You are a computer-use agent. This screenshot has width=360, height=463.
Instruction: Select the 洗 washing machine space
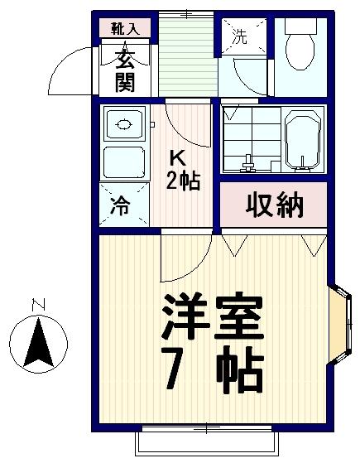tap(244, 36)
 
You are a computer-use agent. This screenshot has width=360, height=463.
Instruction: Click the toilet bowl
tap(300, 51)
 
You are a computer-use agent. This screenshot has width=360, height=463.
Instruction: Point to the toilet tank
tap(300, 26)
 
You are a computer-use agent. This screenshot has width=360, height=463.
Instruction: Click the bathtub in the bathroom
tap(302, 141)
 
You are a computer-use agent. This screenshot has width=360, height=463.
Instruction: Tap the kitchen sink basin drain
tap(124, 124)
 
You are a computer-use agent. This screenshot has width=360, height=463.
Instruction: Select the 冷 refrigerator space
tap(124, 205)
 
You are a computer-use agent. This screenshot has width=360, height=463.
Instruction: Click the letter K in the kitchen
tap(177, 161)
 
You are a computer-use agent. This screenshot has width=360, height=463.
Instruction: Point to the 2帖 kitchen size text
tap(183, 180)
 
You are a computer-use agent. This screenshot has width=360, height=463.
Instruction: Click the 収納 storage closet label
tap(275, 205)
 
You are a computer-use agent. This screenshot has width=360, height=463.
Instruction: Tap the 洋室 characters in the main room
tap(213, 316)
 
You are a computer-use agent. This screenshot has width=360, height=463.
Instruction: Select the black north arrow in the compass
tap(38, 343)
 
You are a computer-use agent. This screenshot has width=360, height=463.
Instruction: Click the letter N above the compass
tap(38, 305)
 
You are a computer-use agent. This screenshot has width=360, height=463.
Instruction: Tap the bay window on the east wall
tap(340, 324)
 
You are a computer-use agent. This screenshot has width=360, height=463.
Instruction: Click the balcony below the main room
tap(207, 443)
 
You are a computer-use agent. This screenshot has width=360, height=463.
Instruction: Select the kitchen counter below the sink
tap(124, 162)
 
